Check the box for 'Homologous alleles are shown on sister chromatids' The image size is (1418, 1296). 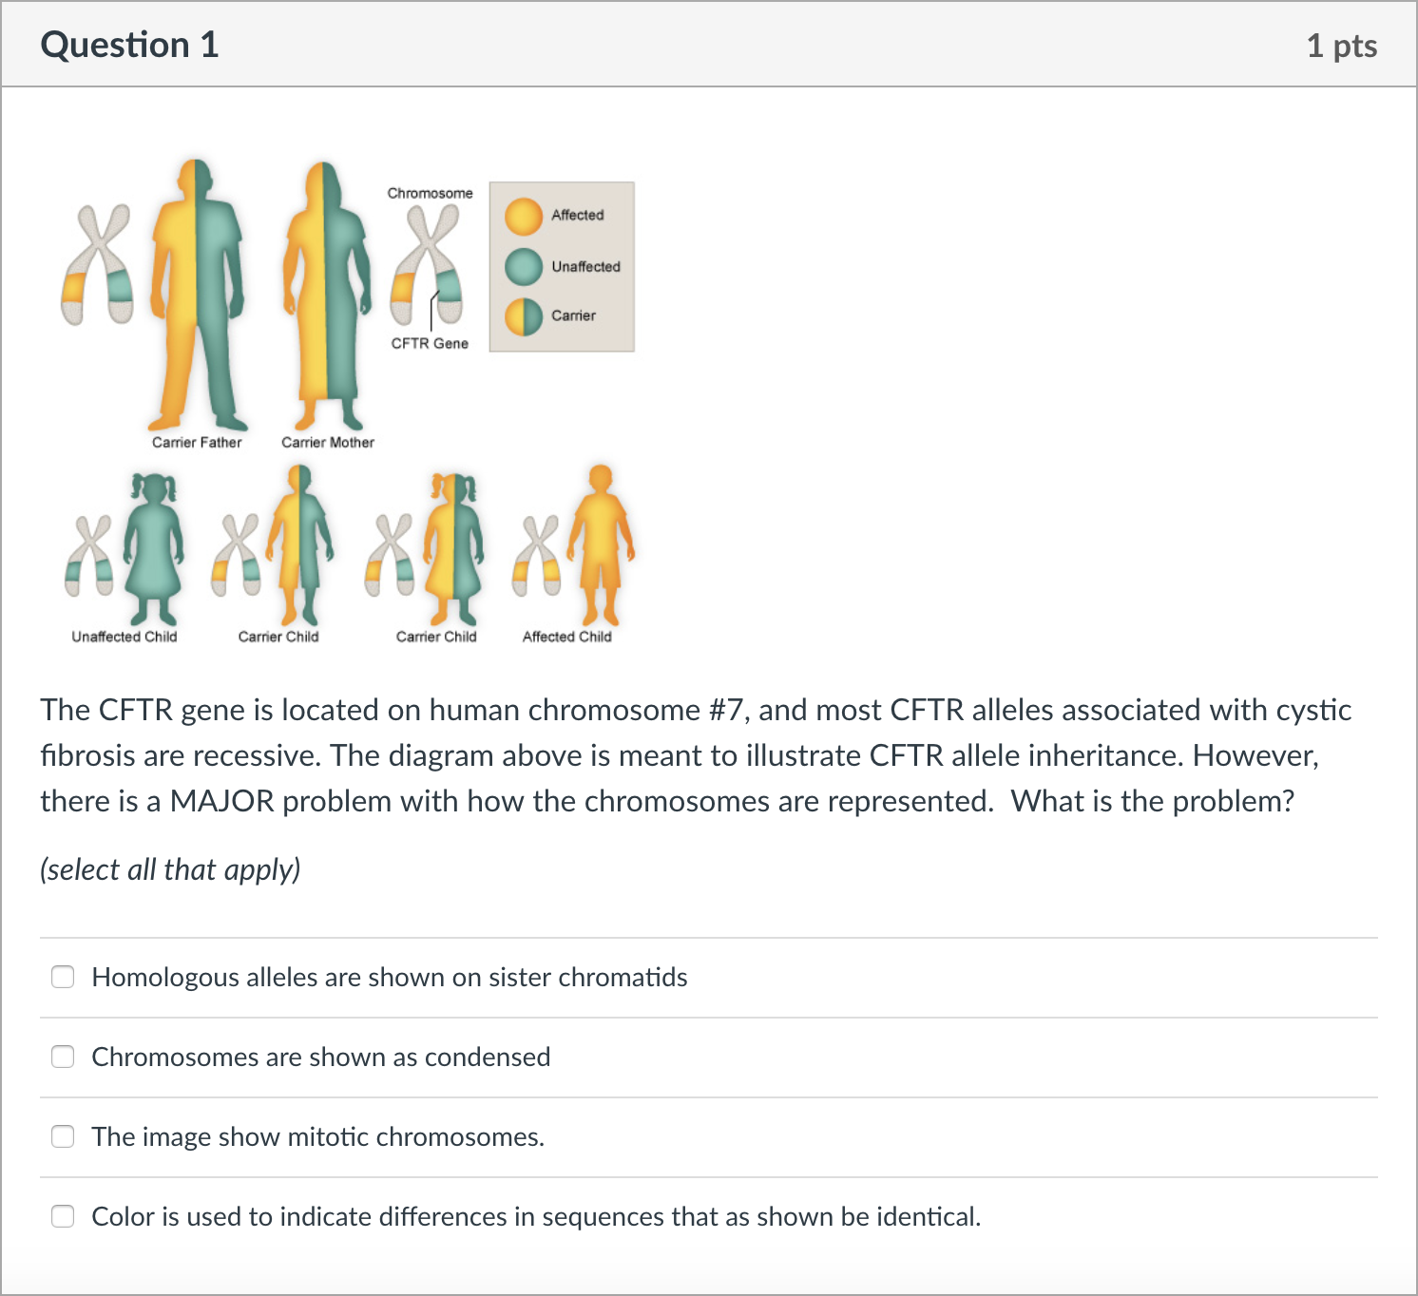pyautogui.click(x=63, y=977)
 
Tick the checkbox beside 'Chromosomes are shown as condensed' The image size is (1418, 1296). pyautogui.click(x=63, y=1057)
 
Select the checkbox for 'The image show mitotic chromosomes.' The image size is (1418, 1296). pyautogui.click(x=63, y=1136)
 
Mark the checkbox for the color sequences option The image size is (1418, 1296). pyautogui.click(x=63, y=1216)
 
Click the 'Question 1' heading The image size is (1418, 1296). pyautogui.click(x=129, y=45)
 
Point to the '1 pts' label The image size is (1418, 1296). pyautogui.click(x=1341, y=46)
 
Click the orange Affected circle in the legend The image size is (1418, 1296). pyautogui.click(x=523, y=216)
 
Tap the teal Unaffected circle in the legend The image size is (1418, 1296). pyautogui.click(x=523, y=267)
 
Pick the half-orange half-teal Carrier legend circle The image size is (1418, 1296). pyautogui.click(x=523, y=316)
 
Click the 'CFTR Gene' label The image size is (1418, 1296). pyautogui.click(x=430, y=344)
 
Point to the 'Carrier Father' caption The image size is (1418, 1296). pyautogui.click(x=197, y=443)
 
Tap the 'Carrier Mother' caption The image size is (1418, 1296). pyautogui.click(x=327, y=443)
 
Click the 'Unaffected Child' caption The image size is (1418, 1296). pyautogui.click(x=125, y=637)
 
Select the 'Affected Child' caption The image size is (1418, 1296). pyautogui.click(x=567, y=637)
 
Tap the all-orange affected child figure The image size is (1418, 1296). pyautogui.click(x=600, y=544)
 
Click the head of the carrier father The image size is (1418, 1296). pyautogui.click(x=195, y=178)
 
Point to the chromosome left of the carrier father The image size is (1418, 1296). pyautogui.click(x=97, y=264)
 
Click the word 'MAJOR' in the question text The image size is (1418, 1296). pyautogui.click(x=222, y=801)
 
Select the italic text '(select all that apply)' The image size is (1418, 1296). pyautogui.click(x=170, y=869)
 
